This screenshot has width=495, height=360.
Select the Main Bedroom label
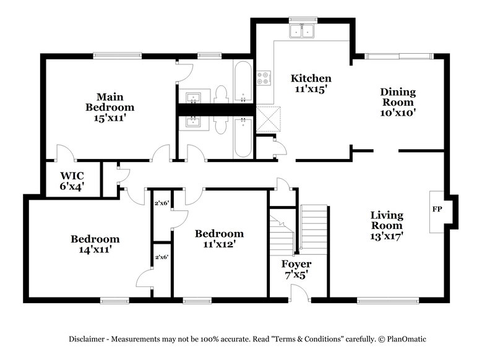pyautogui.click(x=110, y=107)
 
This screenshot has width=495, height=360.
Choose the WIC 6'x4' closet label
pyautogui.click(x=72, y=179)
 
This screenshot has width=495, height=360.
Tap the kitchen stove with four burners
pyautogui.click(x=264, y=78)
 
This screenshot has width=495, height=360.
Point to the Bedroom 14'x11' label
pyautogui.click(x=95, y=244)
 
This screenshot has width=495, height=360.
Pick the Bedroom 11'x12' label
pyautogui.click(x=219, y=239)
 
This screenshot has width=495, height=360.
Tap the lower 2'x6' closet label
pyautogui.click(x=162, y=256)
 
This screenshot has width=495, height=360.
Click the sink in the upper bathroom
pyautogui.click(x=193, y=98)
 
